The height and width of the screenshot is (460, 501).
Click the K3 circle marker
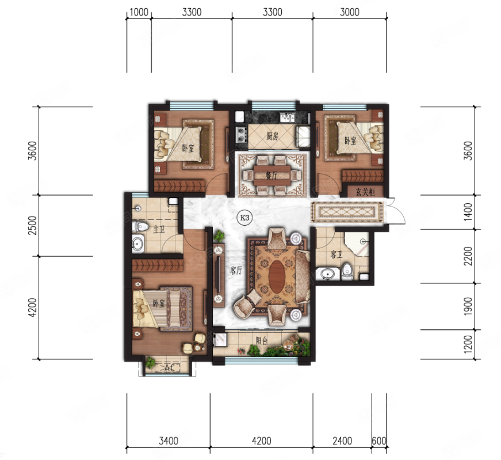click(x=244, y=218)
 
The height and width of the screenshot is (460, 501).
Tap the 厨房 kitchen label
click(x=273, y=136)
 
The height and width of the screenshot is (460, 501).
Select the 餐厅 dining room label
click(x=271, y=175)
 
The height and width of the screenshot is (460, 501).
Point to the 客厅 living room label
click(x=236, y=271)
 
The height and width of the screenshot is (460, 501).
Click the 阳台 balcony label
click(x=262, y=341)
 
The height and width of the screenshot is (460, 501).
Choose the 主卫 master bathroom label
click(x=159, y=229)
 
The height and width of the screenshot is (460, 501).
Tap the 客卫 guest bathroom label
click(x=336, y=254)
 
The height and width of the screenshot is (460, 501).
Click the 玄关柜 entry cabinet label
click(x=365, y=192)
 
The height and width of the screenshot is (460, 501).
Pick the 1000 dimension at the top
click(x=139, y=12)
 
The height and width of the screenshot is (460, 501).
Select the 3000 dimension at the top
click(x=350, y=12)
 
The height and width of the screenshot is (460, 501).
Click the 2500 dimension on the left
click(x=33, y=225)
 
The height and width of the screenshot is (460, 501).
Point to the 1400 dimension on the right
click(x=468, y=212)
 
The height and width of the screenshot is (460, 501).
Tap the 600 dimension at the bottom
click(x=379, y=441)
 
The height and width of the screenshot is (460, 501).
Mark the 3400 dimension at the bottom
click(x=169, y=441)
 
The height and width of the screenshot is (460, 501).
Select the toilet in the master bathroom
click(x=140, y=226)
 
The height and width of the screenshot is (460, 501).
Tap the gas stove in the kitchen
click(x=241, y=135)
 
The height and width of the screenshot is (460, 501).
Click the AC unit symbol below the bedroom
click(x=167, y=368)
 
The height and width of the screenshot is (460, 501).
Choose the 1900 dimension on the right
click(x=468, y=306)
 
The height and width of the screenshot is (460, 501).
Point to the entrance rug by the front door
click(x=347, y=211)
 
